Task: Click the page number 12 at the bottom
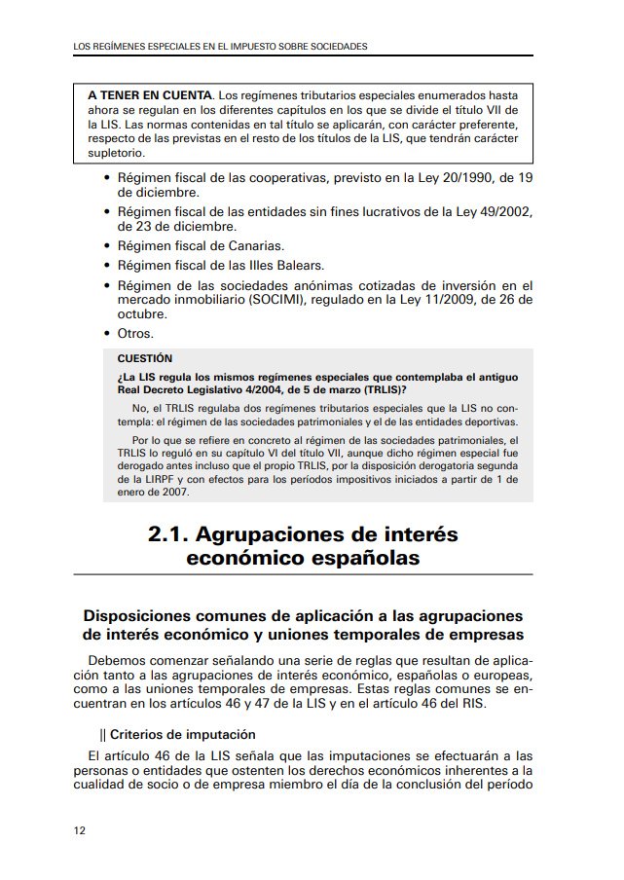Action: point(79,830)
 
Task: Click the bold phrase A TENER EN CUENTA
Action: point(149,95)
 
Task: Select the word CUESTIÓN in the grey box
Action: point(144,358)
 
